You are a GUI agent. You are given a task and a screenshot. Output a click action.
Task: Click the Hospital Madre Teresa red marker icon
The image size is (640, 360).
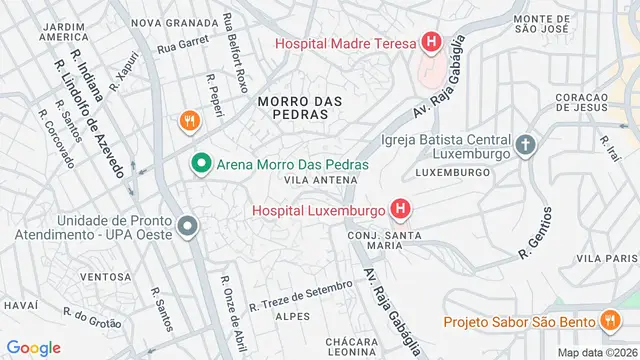[431, 42]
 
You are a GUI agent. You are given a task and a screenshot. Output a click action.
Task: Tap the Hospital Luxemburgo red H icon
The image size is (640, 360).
[401, 210]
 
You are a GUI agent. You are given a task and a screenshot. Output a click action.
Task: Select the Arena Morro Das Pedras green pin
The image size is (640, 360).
[200, 163]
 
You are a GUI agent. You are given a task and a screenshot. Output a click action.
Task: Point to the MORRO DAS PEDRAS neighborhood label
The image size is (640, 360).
[299, 108]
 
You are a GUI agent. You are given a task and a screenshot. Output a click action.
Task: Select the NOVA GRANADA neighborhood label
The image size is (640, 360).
[174, 22]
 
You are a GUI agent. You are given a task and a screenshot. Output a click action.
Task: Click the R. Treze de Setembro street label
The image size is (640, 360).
[301, 295]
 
